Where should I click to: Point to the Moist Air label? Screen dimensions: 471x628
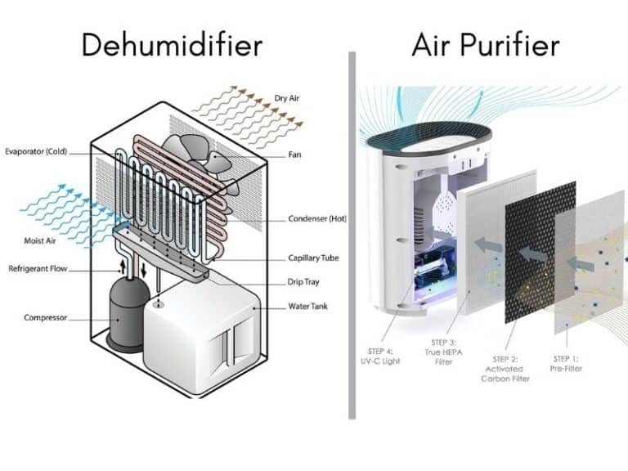pos(38,241)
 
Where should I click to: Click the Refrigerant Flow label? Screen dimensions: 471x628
pos(38,268)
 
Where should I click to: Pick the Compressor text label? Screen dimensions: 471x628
pos(44,317)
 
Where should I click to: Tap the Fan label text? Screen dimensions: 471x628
pos(295,154)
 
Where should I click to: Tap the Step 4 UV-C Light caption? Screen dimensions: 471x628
pos(380,357)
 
